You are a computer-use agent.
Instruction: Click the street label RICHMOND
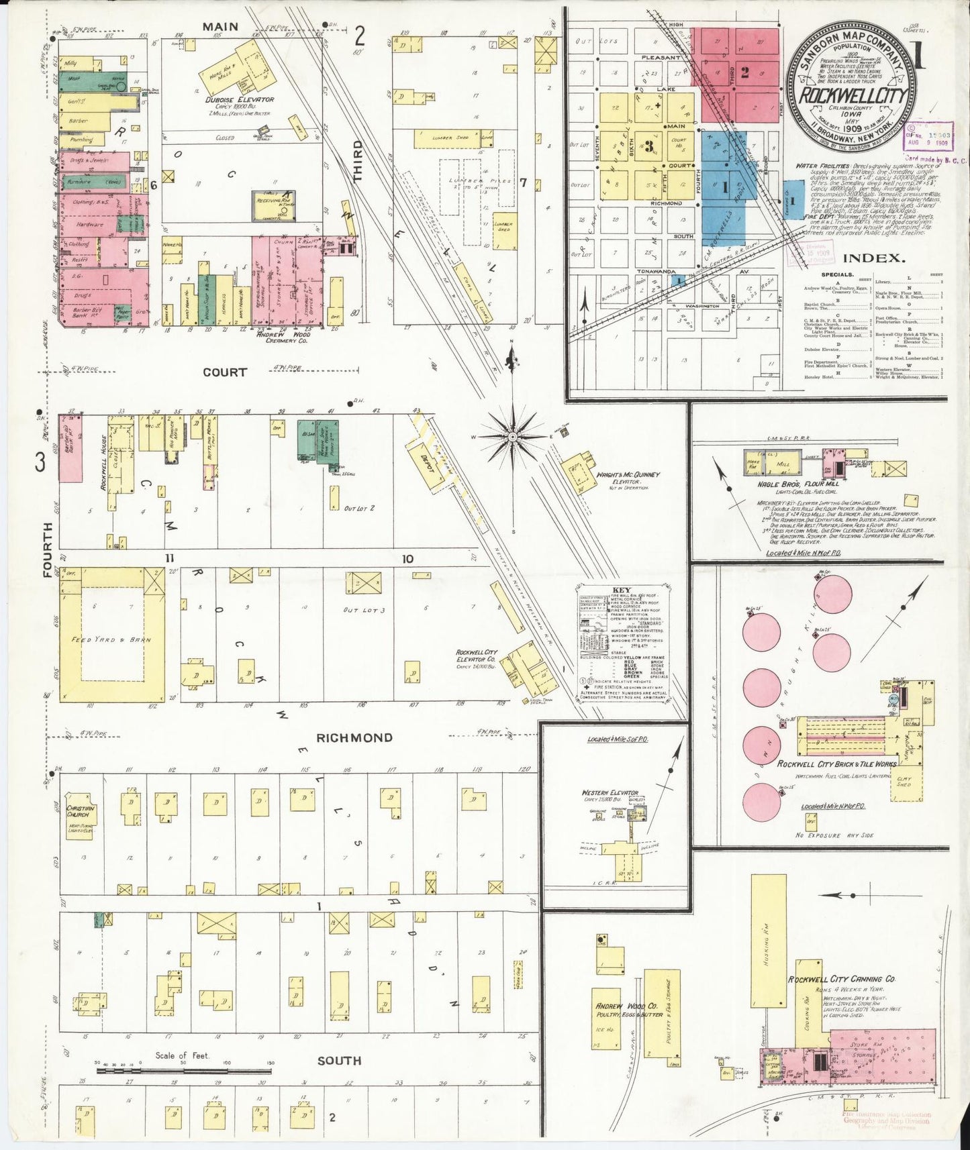pyautogui.click(x=354, y=738)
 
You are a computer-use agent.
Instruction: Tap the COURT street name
pyautogui.click(x=225, y=372)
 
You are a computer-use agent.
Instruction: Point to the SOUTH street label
pyautogui.click(x=339, y=1061)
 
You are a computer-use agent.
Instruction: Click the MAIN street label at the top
pyautogui.click(x=221, y=27)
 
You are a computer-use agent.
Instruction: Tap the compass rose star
pyautogui.click(x=513, y=437)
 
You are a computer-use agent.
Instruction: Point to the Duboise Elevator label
pyautogui.click(x=240, y=99)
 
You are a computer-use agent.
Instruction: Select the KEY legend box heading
pyautogui.click(x=621, y=591)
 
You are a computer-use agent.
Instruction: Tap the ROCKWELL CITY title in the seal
pyautogui.click(x=853, y=95)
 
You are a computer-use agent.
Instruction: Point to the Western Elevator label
pyautogui.click(x=610, y=793)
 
